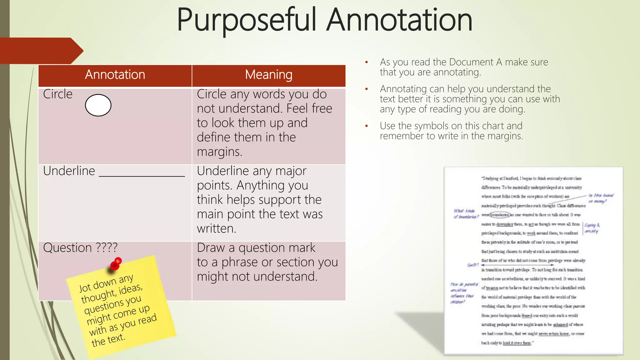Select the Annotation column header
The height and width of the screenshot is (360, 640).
(115, 75)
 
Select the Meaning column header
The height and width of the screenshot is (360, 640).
(269, 75)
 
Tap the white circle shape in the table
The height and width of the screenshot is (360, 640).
(98, 105)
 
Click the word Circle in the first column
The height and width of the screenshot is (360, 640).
(58, 94)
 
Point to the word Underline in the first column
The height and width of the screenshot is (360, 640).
(69, 171)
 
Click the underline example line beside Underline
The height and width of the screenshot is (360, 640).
(142, 176)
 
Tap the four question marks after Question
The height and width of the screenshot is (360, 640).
(107, 247)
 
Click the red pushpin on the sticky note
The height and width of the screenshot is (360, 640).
(116, 263)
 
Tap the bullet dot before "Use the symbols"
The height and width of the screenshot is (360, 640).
(367, 126)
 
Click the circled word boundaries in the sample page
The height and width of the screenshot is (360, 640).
(500, 215)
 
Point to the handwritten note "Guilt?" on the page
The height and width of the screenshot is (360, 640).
(472, 265)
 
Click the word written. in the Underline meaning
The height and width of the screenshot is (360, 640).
(216, 229)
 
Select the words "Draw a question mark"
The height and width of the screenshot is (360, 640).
(256, 248)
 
